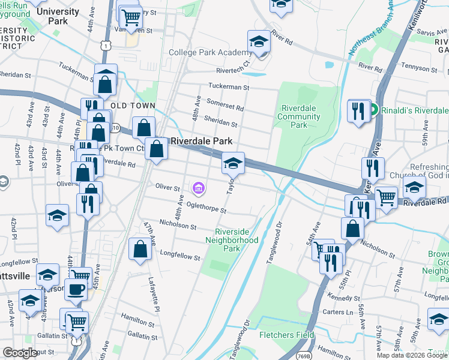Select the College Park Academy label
(206, 53)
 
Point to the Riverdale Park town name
(202, 141)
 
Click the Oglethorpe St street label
(206, 207)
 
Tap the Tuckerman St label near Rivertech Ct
(228, 87)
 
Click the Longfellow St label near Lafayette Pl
(179, 256)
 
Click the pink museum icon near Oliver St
(198, 189)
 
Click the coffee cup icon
(76, 289)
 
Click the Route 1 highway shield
(106, 45)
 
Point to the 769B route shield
(304, 347)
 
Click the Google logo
(20, 353)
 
